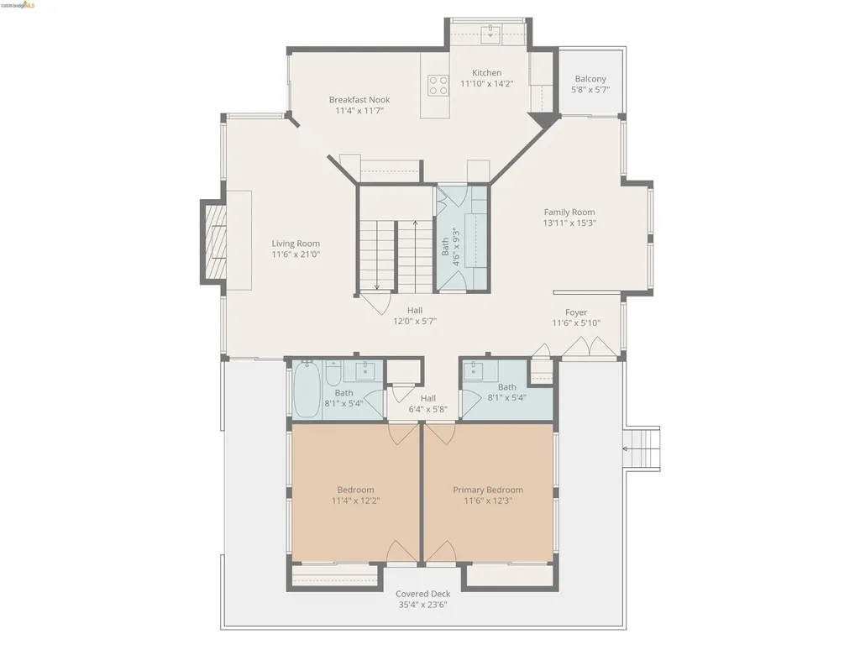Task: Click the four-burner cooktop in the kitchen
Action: (438, 84)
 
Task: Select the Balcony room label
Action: (590, 79)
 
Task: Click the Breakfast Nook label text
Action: (359, 100)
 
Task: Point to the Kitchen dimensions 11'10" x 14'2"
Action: (486, 84)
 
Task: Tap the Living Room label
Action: (296, 244)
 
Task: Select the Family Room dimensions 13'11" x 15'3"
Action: (569, 223)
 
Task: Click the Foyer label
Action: (576, 312)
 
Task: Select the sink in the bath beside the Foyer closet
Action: (475, 370)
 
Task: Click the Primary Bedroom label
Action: (488, 490)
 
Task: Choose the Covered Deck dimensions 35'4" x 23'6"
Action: (423, 605)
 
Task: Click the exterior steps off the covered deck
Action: (642, 449)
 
